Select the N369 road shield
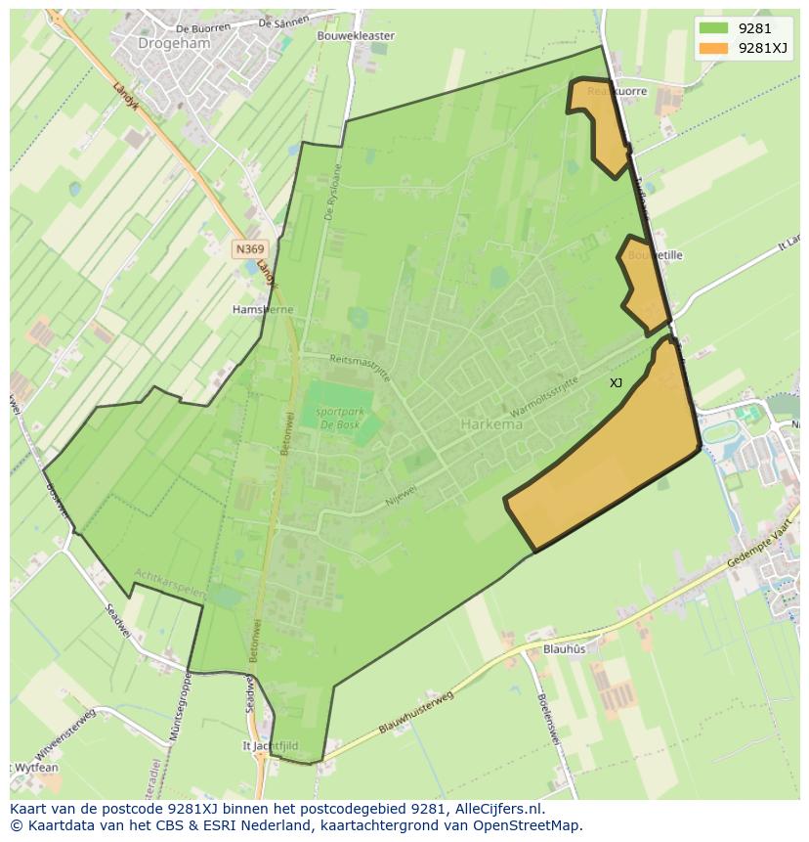tap(249, 249)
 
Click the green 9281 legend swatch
tap(714, 28)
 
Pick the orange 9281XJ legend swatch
tap(714, 47)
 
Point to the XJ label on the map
tap(616, 383)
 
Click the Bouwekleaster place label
tap(356, 36)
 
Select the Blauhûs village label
tap(564, 648)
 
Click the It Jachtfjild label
tap(271, 745)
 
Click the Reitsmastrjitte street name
tap(362, 368)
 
